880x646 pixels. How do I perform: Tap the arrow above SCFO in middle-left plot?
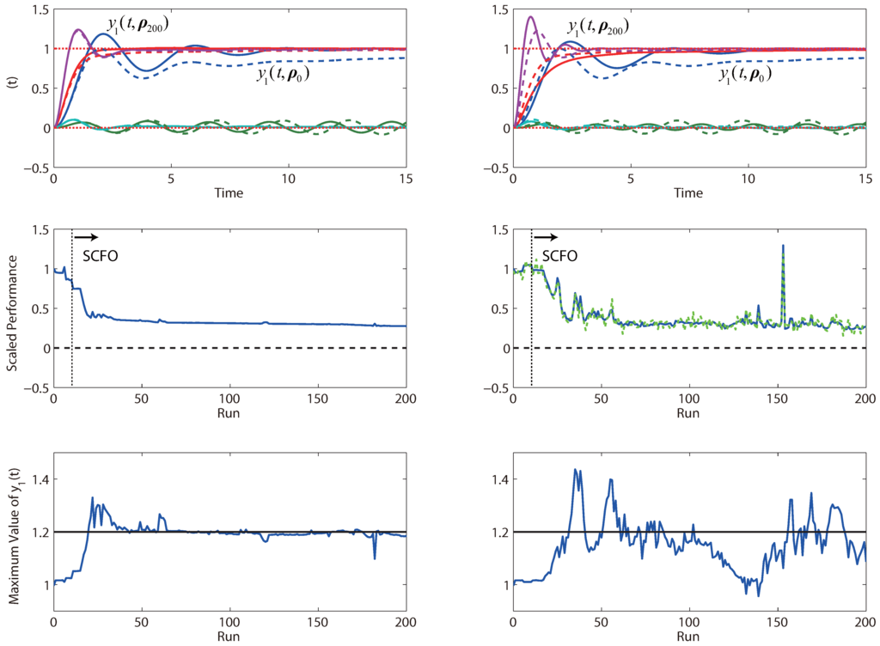click(x=87, y=236)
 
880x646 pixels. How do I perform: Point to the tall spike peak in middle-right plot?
click(x=783, y=246)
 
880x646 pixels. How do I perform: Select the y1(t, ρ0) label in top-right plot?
click(x=744, y=76)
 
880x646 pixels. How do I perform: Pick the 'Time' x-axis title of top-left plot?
click(x=229, y=194)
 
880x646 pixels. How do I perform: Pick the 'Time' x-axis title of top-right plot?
click(x=688, y=194)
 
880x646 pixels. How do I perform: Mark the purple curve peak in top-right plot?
click(x=530, y=16)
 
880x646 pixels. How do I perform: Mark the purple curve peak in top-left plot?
click(x=78, y=29)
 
